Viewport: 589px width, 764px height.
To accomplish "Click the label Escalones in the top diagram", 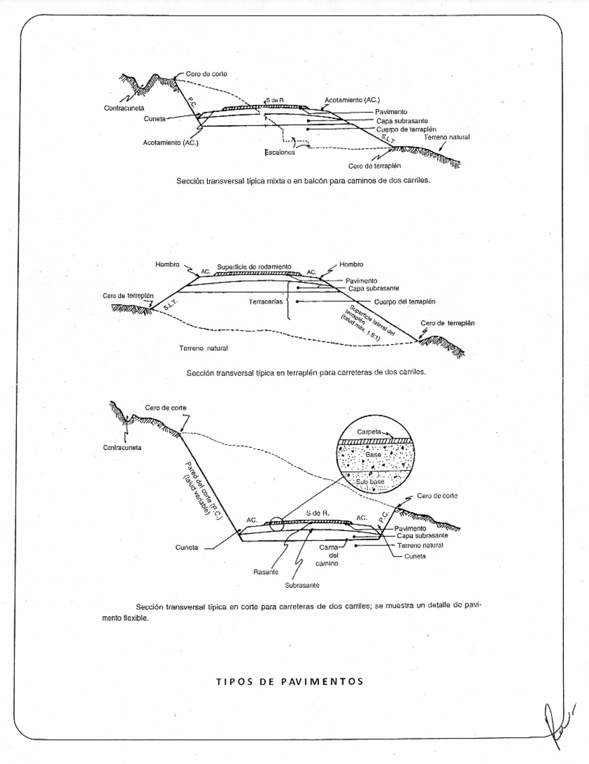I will pos(280,153).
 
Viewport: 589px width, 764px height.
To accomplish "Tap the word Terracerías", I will pos(266,301).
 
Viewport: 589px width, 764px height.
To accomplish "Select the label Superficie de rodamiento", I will pos(254,267).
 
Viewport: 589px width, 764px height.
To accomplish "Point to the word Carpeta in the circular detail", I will pos(369,432).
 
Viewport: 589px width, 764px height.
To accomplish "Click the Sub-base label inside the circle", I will pos(370,482).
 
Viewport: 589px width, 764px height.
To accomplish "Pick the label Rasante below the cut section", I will pos(266,572).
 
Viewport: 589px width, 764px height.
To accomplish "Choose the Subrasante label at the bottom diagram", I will pos(302,585).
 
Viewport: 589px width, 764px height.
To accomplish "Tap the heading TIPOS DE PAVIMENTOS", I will pos(290,682).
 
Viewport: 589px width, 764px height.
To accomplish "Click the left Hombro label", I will pos(167,264).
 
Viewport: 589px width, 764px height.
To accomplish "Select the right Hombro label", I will pos(351,264).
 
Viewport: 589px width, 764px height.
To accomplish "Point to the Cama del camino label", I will pos(327,555).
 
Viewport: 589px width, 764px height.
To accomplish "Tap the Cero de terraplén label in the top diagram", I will pos(375,166).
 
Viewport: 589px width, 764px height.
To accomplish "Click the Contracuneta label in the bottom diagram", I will pos(122,448).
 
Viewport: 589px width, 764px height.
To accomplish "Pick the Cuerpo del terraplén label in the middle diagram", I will pos(404,301).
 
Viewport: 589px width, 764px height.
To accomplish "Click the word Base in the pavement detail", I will pos(373,455).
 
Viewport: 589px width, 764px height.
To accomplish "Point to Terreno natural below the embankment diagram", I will pos(203,348).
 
